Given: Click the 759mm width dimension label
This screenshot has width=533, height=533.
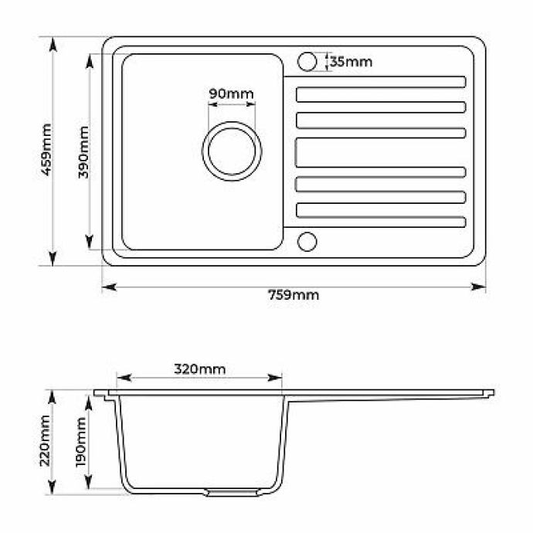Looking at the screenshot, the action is (294, 295).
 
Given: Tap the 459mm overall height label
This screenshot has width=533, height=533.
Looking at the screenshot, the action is (46, 150).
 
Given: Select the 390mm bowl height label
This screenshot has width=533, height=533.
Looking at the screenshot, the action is (83, 152).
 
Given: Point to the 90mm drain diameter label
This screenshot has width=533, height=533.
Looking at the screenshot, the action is (231, 93).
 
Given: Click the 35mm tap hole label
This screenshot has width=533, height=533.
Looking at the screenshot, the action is (351, 62).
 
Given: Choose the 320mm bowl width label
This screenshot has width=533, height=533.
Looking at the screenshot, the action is (200, 368).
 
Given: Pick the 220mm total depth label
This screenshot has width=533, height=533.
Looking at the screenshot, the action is (46, 440).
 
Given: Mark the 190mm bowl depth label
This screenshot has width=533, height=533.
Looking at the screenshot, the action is (81, 443).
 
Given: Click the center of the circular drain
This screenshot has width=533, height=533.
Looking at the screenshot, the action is (232, 151).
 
